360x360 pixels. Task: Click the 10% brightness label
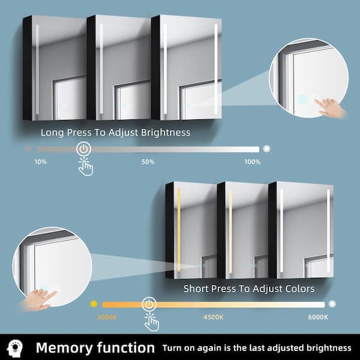pos(41,162)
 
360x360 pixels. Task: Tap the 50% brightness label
pos(148,162)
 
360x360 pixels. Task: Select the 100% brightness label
pos(253,162)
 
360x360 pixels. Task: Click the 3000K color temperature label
pos(107,317)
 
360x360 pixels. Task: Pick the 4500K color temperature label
pos(213,317)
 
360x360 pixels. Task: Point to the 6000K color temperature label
pos(318,317)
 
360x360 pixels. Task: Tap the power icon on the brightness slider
pos(83,149)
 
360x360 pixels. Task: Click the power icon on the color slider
pos(149,304)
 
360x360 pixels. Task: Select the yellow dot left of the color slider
pos(94,304)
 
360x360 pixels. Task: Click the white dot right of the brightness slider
pos(266,149)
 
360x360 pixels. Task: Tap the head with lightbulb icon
pos(14,348)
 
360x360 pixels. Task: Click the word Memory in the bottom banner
pos(64,348)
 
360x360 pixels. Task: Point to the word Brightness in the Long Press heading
pos(166,133)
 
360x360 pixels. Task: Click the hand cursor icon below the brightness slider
pos(85,166)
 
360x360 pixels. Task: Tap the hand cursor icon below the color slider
pos(152,322)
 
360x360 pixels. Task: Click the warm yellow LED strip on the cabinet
pos(179,230)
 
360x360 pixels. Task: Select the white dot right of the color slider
pos(332,304)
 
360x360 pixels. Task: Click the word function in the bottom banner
pos(125,347)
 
